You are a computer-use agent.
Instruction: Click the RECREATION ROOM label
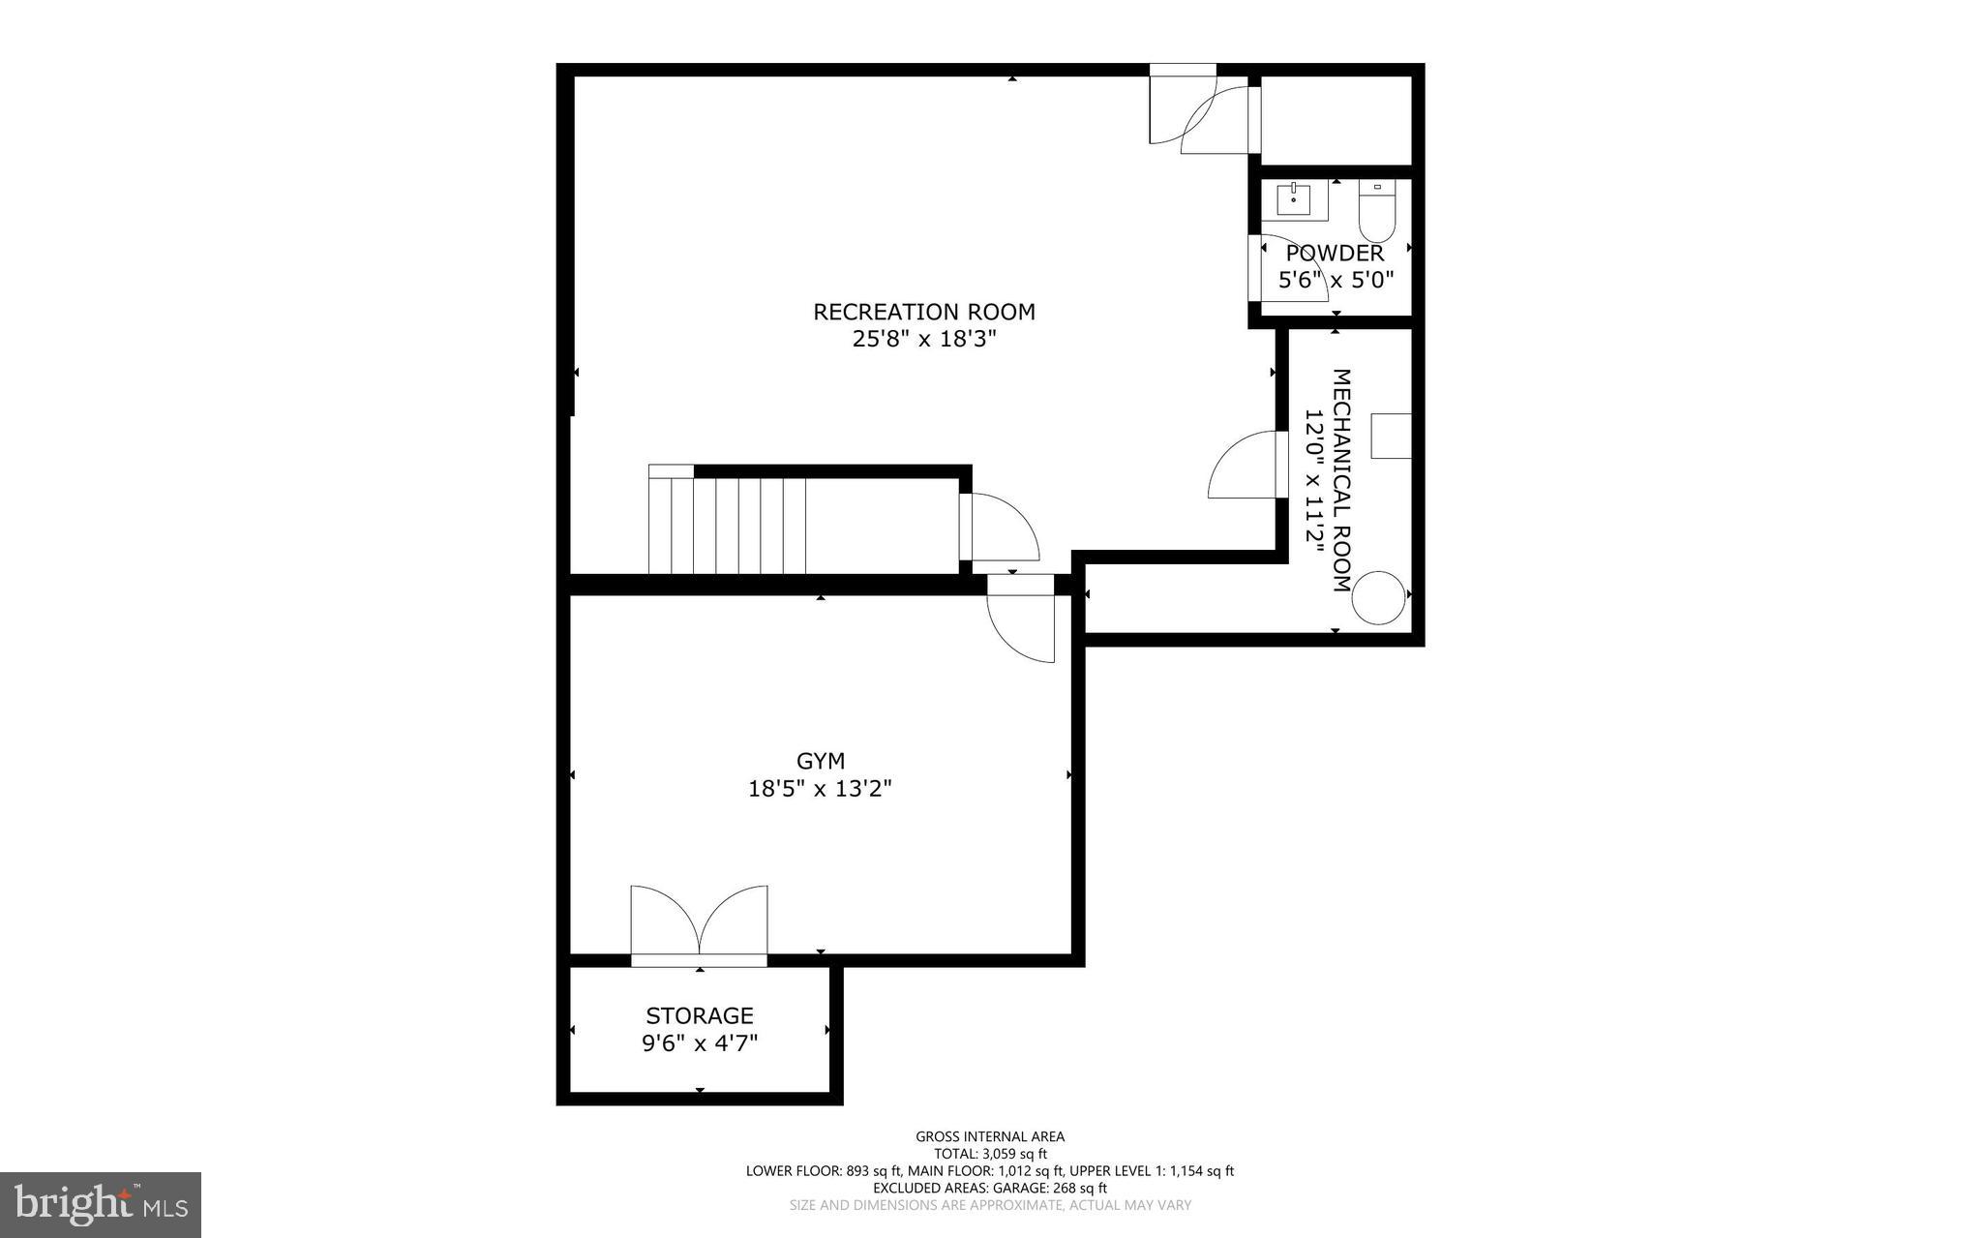click(x=923, y=312)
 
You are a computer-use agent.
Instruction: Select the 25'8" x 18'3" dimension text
click(x=923, y=340)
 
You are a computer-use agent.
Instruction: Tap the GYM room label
click(x=821, y=761)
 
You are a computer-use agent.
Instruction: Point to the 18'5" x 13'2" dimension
click(x=820, y=789)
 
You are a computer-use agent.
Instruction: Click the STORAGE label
click(x=699, y=1015)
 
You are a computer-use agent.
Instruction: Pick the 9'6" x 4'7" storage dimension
click(x=699, y=1043)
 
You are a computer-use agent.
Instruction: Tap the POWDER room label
click(x=1335, y=254)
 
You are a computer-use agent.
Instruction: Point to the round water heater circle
click(x=1378, y=597)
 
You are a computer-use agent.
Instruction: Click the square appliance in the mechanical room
click(x=1392, y=436)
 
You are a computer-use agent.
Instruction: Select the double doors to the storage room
click(x=699, y=922)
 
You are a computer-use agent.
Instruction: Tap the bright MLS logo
click(x=101, y=1204)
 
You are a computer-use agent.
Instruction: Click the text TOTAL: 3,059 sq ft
click(x=989, y=1154)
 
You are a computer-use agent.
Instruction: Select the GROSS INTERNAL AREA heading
click(x=989, y=1136)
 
